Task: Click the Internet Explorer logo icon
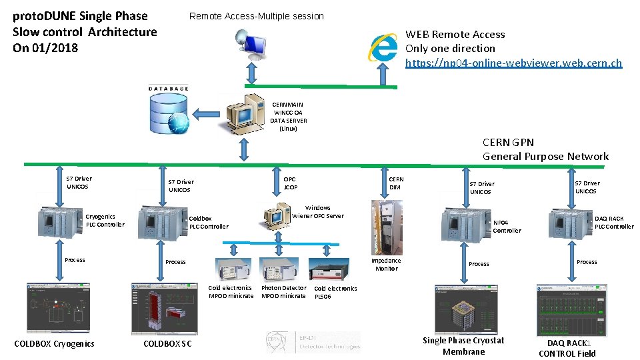click(x=385, y=47)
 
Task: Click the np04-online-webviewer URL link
click(x=513, y=63)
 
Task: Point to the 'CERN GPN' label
click(x=508, y=142)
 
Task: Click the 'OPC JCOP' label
click(x=290, y=183)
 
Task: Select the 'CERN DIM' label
click(x=396, y=183)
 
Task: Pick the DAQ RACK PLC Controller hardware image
click(x=569, y=223)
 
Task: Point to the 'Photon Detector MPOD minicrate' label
click(x=283, y=292)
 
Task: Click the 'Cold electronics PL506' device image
click(x=327, y=269)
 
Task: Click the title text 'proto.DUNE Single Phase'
click(x=80, y=15)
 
